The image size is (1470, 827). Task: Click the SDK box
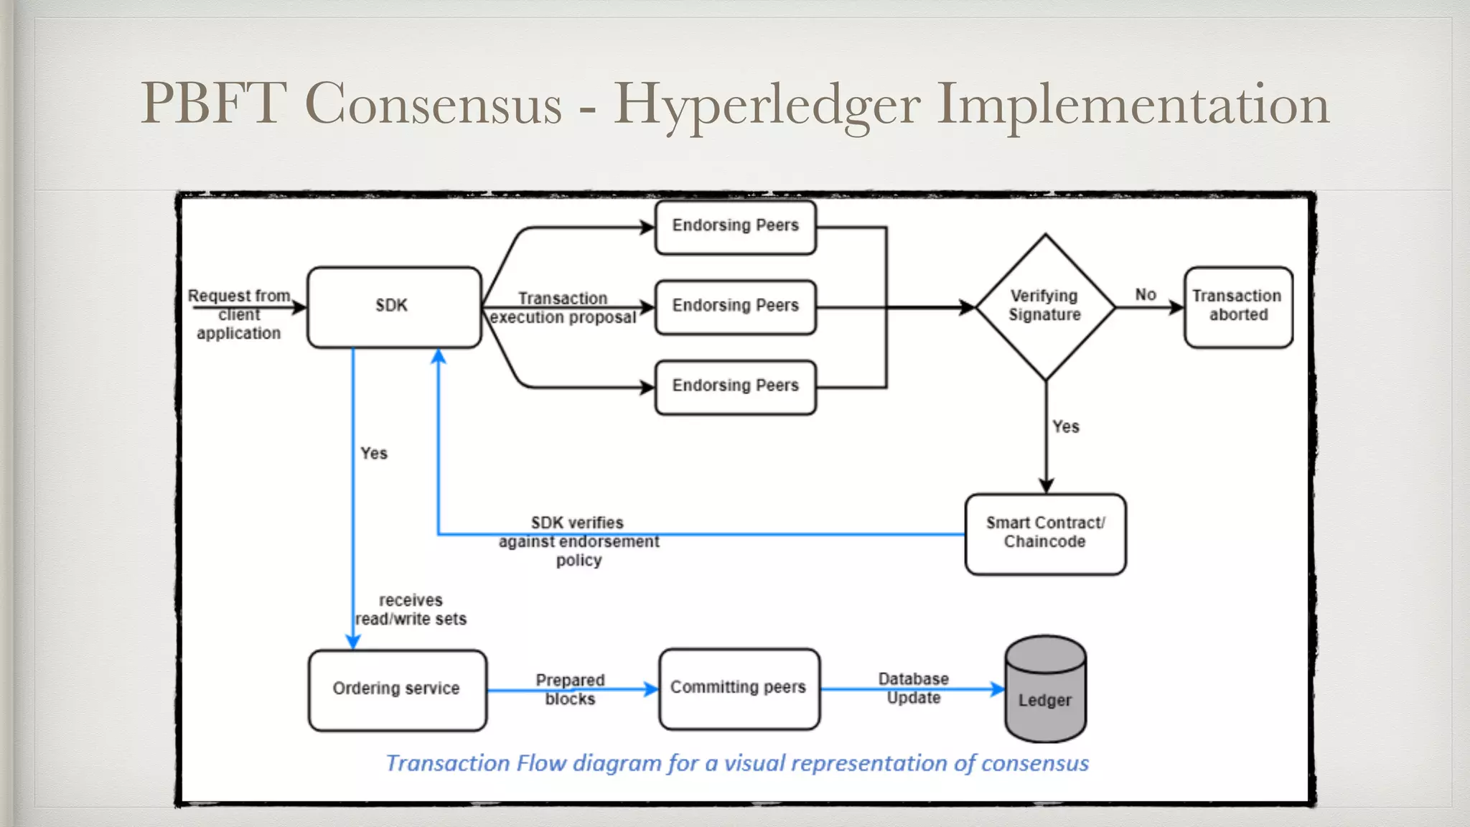393,307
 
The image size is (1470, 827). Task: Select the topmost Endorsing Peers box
735,227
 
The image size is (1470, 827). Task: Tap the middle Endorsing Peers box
735,307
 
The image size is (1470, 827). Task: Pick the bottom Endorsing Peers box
735,387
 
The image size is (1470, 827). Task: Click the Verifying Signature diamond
1045,307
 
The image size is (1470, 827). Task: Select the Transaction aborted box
1237,307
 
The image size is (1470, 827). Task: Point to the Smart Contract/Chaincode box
1045,533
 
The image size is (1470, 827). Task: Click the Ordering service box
397,689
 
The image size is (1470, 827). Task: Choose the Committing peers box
739,688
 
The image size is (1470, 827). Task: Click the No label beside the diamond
1146,294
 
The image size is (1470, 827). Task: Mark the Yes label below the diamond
1065,426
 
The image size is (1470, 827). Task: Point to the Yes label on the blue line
373,453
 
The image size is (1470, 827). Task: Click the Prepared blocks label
570,689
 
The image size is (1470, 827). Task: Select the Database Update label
913,688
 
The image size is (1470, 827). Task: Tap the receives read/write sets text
411,609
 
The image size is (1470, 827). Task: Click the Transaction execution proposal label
563,308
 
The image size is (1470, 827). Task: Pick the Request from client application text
239,314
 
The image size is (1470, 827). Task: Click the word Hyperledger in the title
766,105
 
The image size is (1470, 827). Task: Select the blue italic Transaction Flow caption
737,763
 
